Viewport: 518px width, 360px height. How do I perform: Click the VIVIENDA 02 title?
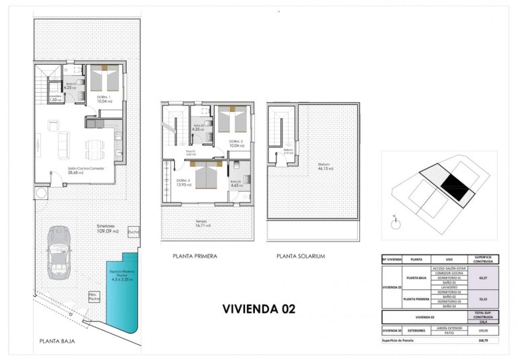point(258,309)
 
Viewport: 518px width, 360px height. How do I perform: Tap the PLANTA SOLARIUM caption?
point(301,256)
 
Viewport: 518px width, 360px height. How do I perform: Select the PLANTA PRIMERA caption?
point(195,256)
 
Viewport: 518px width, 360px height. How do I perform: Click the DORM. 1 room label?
point(104,98)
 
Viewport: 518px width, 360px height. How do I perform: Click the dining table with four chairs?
point(94,145)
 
